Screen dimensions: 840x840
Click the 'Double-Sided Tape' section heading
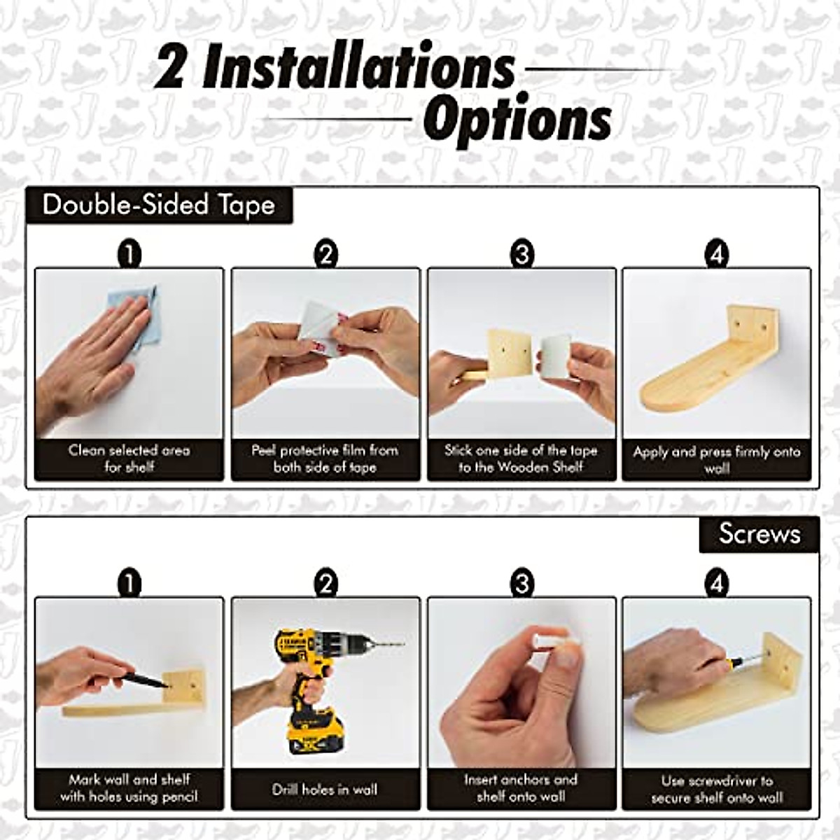point(158,205)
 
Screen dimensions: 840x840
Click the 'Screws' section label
point(759,534)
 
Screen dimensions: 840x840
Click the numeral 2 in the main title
point(170,68)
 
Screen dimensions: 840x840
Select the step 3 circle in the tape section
point(521,254)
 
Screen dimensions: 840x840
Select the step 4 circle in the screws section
point(717,583)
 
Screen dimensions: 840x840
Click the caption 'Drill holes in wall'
point(325,790)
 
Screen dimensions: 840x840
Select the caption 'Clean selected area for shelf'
point(129,458)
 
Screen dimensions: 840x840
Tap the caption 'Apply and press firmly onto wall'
point(717,460)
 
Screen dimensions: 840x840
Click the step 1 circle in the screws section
point(129,583)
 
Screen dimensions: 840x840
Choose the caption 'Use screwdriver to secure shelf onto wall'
point(717,789)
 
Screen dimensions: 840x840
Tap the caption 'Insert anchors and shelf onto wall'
point(521,787)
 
